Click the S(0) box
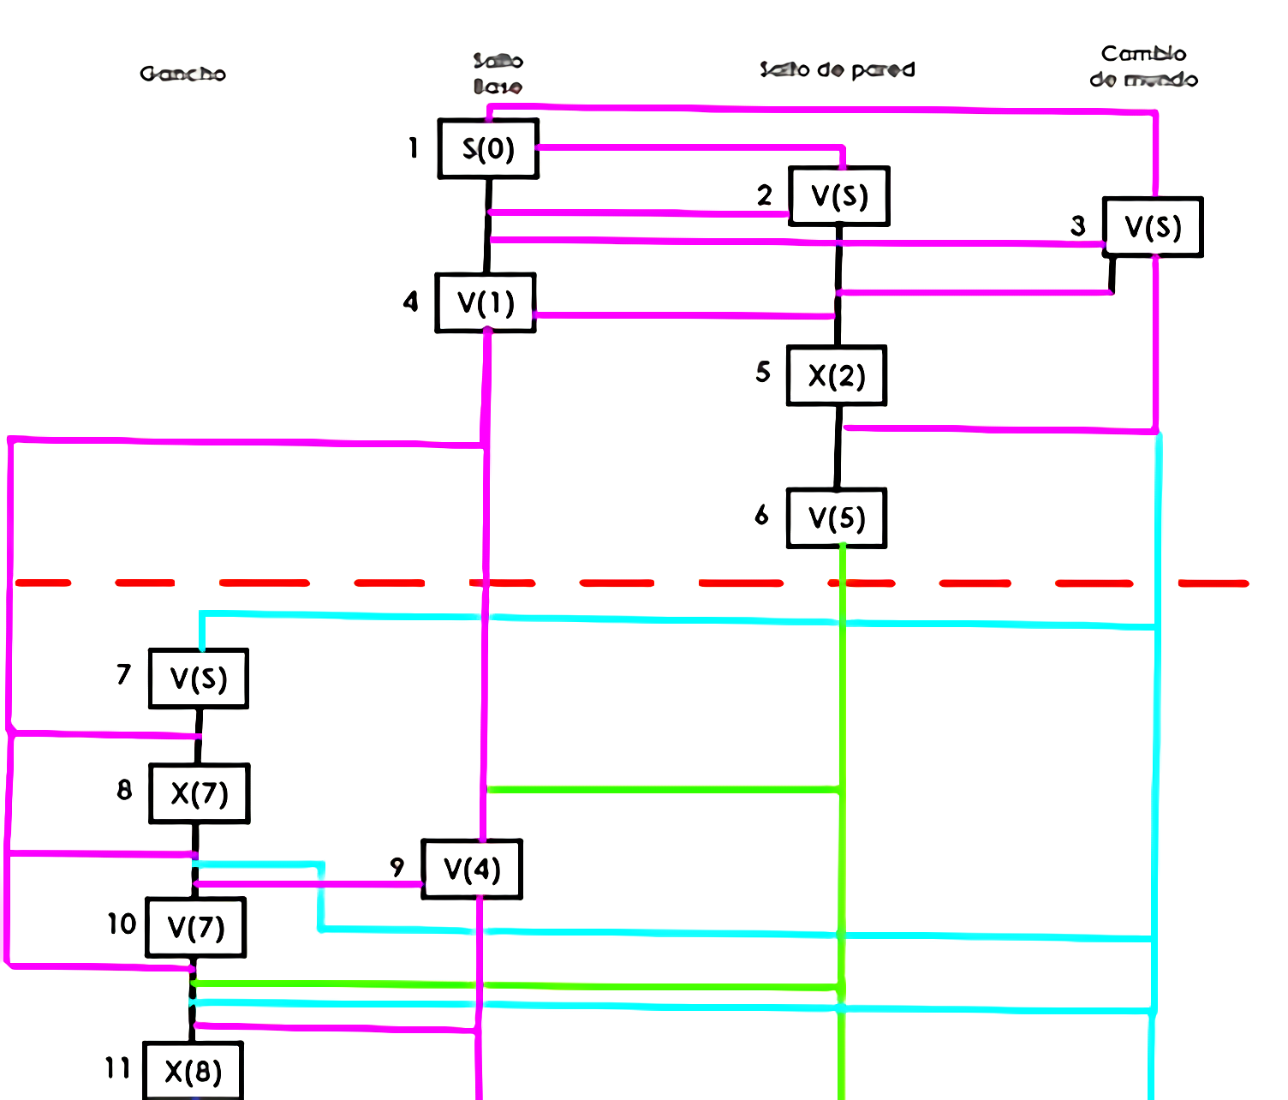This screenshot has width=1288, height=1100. [488, 149]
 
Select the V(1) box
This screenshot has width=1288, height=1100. [486, 302]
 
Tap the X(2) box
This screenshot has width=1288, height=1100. [837, 375]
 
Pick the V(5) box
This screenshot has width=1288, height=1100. [837, 518]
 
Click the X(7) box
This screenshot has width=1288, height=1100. [200, 793]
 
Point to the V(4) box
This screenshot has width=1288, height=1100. [472, 870]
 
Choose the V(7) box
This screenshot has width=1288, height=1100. [196, 927]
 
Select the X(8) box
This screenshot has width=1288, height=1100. [194, 1071]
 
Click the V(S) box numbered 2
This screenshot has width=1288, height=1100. [839, 196]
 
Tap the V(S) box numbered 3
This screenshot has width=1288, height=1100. [1153, 227]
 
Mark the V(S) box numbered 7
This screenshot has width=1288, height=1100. [199, 679]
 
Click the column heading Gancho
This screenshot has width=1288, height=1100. [183, 74]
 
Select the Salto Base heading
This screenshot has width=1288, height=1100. [498, 74]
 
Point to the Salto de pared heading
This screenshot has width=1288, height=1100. [837, 69]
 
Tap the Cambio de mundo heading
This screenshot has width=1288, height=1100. [1143, 67]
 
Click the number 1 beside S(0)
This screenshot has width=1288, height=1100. [414, 148]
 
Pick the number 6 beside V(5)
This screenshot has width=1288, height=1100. [761, 515]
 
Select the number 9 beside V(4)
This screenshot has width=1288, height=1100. [397, 867]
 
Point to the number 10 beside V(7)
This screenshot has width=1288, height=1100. [122, 924]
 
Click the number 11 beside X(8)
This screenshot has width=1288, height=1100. [117, 1067]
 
